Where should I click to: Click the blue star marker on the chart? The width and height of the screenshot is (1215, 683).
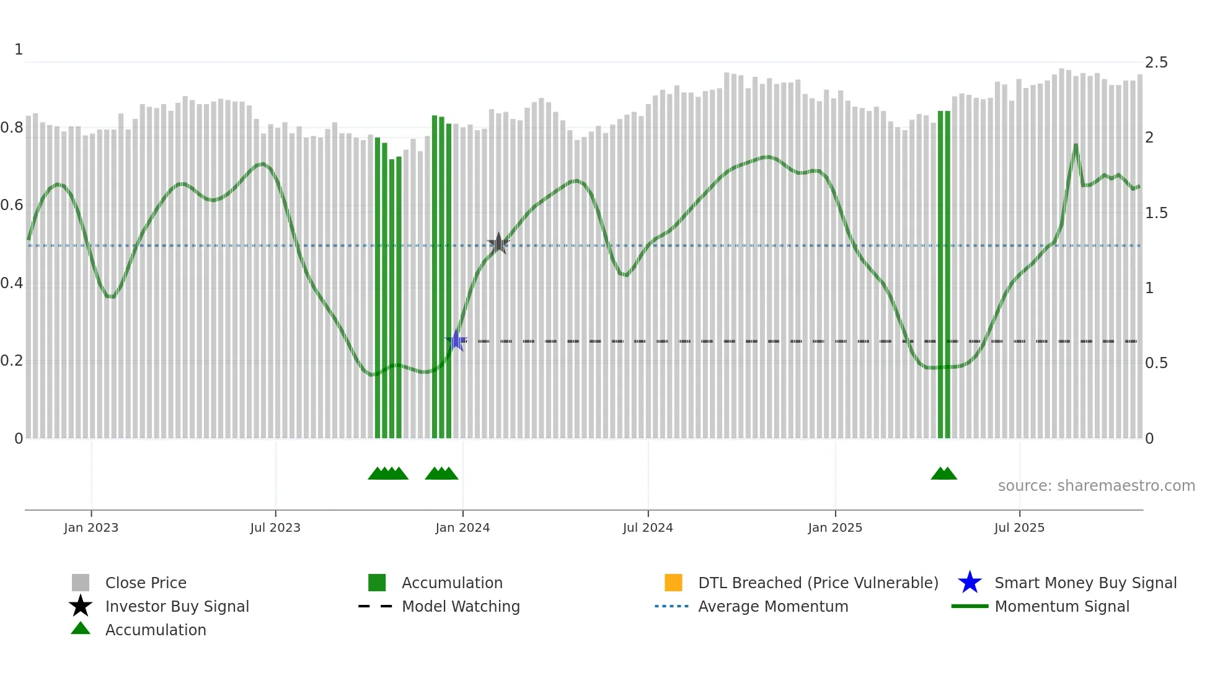pyautogui.click(x=456, y=340)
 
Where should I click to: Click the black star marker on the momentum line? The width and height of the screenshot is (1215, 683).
pyautogui.click(x=498, y=244)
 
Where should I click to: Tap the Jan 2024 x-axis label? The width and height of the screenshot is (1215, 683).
pyautogui.click(x=462, y=527)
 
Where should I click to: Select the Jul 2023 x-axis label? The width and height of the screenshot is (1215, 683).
pyautogui.click(x=275, y=527)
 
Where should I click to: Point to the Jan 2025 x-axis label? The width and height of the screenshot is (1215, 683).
pyautogui.click(x=835, y=527)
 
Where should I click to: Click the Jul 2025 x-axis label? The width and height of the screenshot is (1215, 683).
pyautogui.click(x=1019, y=527)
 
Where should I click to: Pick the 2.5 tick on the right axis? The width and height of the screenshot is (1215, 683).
pyautogui.click(x=1156, y=63)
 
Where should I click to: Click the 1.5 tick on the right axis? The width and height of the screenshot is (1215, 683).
pyautogui.click(x=1156, y=213)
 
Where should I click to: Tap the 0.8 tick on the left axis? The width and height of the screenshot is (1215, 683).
pyautogui.click(x=12, y=128)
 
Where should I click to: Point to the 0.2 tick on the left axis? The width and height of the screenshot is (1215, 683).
pyautogui.click(x=12, y=361)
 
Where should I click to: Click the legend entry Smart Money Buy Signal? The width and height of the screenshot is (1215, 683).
pyautogui.click(x=1085, y=583)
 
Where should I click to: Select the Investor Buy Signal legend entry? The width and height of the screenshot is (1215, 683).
pyautogui.click(x=177, y=606)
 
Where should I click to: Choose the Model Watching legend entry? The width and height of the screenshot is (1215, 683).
pyautogui.click(x=461, y=606)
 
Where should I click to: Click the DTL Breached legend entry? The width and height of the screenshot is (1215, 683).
pyautogui.click(x=818, y=583)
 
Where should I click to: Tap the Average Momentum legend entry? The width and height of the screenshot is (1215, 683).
pyautogui.click(x=773, y=606)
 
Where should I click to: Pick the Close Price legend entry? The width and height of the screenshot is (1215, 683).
pyautogui.click(x=146, y=583)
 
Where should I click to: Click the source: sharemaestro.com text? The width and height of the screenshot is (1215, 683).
pyautogui.click(x=1096, y=486)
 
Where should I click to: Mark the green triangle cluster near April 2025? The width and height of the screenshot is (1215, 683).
pyautogui.click(x=943, y=474)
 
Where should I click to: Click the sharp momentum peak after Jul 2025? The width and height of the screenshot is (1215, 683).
pyautogui.click(x=1076, y=145)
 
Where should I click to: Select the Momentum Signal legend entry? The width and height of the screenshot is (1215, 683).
pyautogui.click(x=1062, y=606)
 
